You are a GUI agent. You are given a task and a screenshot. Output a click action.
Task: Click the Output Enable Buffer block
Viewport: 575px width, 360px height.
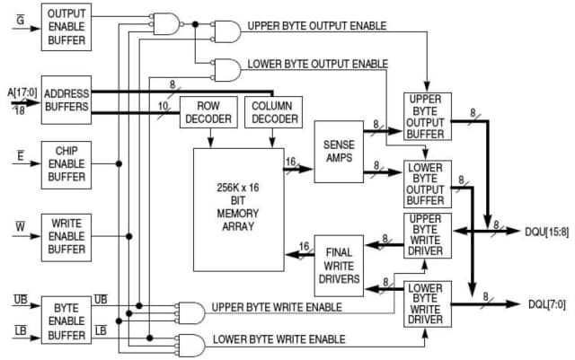(x=66, y=26)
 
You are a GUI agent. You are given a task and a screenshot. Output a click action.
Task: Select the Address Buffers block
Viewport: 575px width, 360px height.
(x=66, y=100)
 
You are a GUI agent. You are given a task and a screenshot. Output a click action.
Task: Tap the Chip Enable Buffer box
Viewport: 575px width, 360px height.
(x=66, y=165)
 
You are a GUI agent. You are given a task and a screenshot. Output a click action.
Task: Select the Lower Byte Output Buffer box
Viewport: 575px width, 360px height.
(x=428, y=184)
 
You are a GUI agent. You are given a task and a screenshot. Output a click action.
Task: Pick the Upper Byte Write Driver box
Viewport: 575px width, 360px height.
(x=428, y=236)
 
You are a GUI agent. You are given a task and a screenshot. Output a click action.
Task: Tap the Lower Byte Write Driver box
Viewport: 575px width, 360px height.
(x=428, y=303)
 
